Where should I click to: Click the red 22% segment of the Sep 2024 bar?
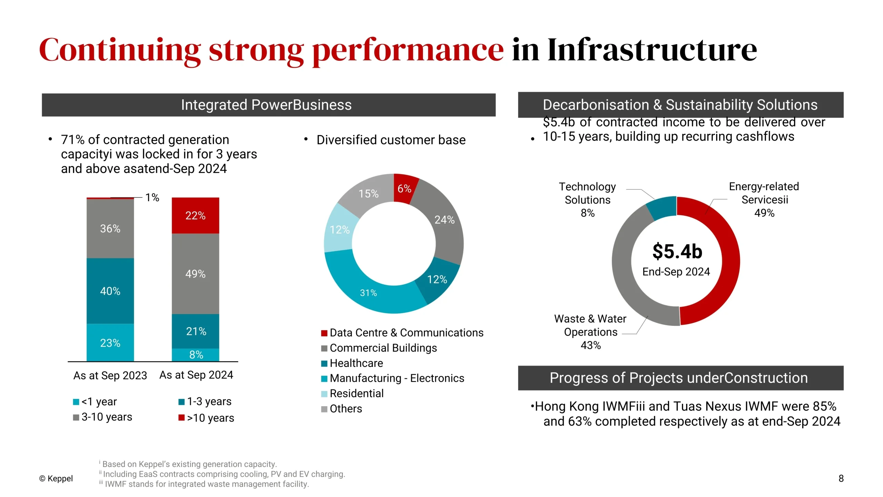(x=195, y=215)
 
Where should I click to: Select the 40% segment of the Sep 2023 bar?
(x=110, y=291)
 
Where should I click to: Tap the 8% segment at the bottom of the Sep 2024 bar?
(x=195, y=355)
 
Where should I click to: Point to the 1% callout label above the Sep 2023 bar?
(x=152, y=197)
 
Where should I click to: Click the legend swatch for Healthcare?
(x=324, y=363)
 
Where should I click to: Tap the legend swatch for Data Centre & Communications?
(x=324, y=333)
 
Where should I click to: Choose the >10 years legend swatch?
(x=181, y=418)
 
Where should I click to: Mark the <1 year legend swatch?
(x=76, y=402)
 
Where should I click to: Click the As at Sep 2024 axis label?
(x=196, y=375)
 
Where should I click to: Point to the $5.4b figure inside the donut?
(x=677, y=251)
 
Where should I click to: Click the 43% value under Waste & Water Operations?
(x=591, y=345)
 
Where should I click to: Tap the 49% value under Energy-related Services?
(x=764, y=213)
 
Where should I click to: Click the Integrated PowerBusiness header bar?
(x=269, y=105)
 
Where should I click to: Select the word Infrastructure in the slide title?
(x=652, y=50)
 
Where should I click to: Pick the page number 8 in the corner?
(x=841, y=478)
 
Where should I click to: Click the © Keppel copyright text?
(x=56, y=478)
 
